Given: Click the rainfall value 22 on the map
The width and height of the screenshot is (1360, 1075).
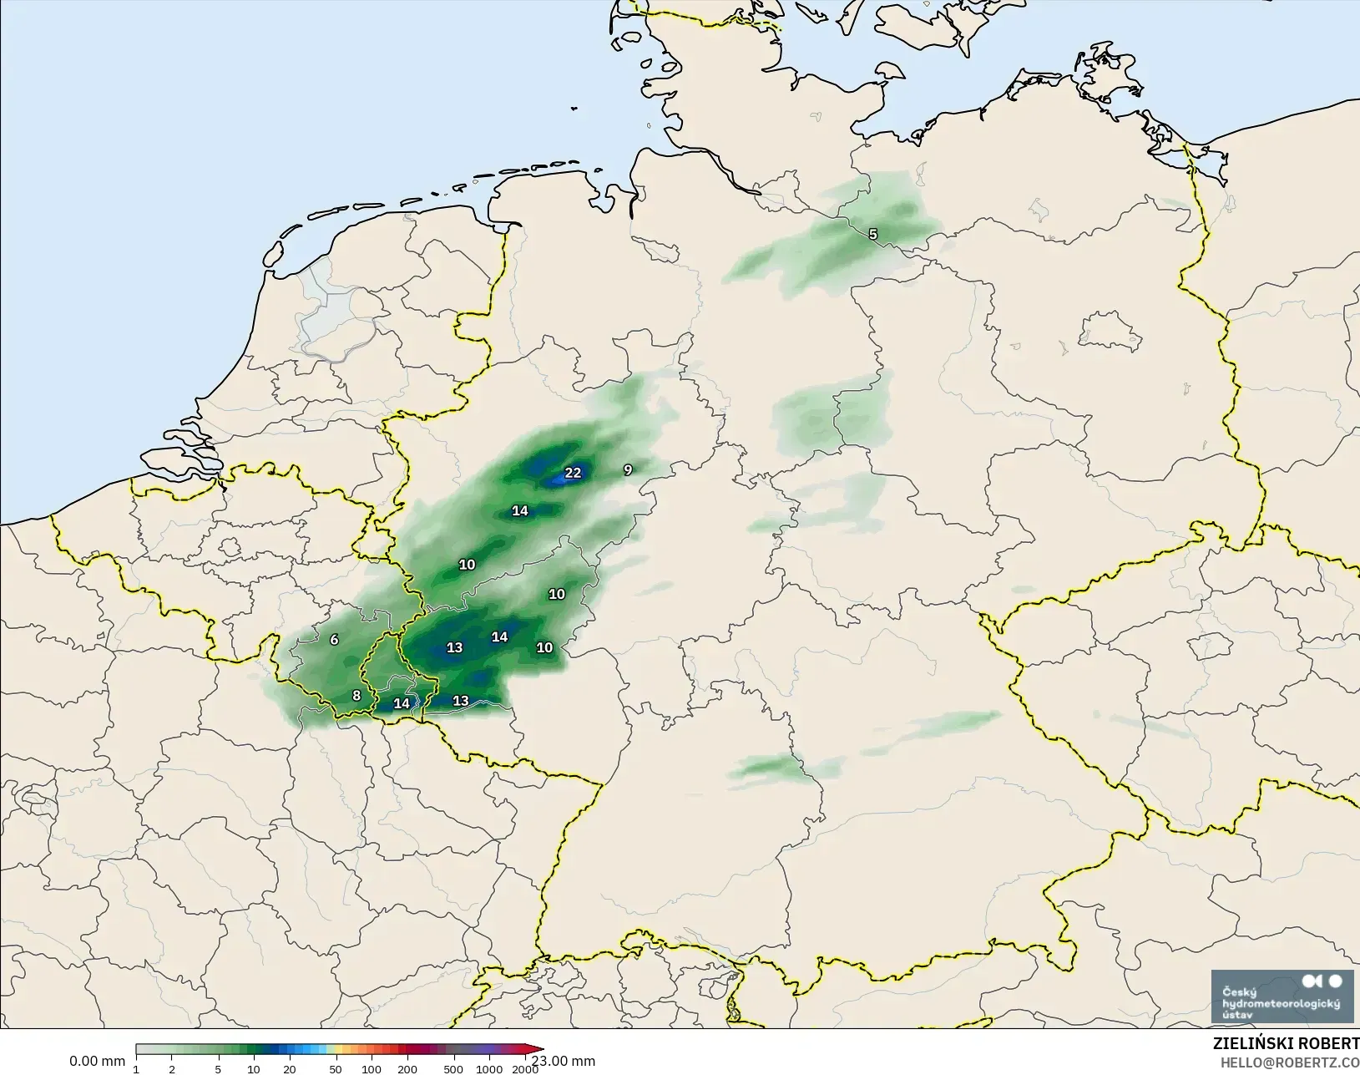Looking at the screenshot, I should pos(573,473).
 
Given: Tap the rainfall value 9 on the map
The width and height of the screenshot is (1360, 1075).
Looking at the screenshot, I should pos(628,469).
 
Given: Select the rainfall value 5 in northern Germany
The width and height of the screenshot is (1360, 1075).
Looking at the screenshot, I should pos(873,234).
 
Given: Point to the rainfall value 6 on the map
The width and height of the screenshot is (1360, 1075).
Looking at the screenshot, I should pos(334,640).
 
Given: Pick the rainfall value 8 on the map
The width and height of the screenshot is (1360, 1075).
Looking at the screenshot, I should pos(356,696).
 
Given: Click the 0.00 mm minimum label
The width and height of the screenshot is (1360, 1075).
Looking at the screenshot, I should pos(97,1061).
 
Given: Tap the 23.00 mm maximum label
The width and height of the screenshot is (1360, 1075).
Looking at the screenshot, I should pos(564,1061).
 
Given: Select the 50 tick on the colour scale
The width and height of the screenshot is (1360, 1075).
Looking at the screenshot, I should pos(335,1069).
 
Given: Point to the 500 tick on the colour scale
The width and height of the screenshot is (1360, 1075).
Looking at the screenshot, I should pos(453,1069).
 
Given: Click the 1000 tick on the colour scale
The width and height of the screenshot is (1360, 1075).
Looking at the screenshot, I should pos(490,1069).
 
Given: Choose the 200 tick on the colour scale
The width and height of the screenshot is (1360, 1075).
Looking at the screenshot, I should pos(407,1069).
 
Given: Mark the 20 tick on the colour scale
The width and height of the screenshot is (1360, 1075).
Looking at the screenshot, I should pos(289,1069).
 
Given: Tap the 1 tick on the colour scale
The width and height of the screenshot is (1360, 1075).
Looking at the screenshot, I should pos(136,1069).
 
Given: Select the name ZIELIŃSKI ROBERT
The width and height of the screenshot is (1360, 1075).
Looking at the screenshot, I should pos(1286,1044).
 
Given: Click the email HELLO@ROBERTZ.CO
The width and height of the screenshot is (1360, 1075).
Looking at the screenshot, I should pos(1290,1062).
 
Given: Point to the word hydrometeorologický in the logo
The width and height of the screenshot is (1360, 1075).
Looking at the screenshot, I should pos(1281,1002).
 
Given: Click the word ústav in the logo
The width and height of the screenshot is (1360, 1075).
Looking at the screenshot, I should pos(1237,1014).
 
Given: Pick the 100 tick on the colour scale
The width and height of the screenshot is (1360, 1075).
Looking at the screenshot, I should pos(372,1069).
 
